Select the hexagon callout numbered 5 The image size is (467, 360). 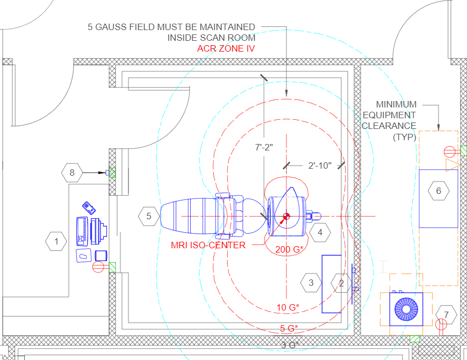click(148, 217)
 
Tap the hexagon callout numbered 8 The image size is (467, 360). click(72, 173)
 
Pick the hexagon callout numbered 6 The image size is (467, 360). click(439, 191)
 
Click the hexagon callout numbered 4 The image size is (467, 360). click(320, 233)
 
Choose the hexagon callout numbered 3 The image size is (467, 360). click(311, 282)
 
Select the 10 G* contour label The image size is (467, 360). click(288, 307)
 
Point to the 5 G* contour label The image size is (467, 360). click(289, 328)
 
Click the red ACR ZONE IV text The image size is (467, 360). click(226, 48)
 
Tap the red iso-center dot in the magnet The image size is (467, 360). click(286, 216)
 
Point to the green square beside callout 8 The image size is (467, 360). click(112, 172)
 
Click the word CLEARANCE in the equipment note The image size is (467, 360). click(389, 126)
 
